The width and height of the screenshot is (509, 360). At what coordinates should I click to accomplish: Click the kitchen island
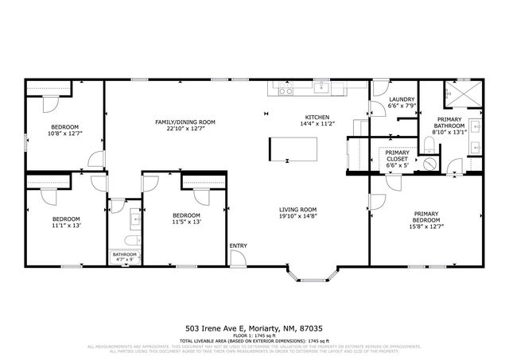click(x=293, y=149)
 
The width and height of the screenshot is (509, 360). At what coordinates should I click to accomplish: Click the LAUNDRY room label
click(x=400, y=99)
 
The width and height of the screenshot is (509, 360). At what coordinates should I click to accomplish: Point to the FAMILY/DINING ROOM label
click(x=185, y=122)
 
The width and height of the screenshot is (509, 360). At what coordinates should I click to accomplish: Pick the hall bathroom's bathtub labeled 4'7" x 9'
click(x=125, y=256)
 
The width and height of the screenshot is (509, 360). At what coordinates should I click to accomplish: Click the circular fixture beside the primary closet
click(x=429, y=163)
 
